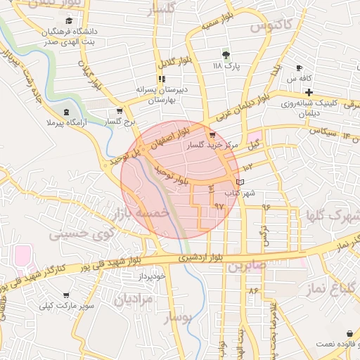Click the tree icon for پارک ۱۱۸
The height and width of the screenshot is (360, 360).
point(226,55)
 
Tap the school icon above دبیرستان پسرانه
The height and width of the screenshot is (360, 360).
point(162,79)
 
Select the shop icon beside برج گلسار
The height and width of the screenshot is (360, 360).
point(120,110)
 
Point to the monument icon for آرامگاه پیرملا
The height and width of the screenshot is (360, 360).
point(66,112)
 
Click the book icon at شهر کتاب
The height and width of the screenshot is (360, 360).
point(240,183)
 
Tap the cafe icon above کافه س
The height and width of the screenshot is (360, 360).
point(299,67)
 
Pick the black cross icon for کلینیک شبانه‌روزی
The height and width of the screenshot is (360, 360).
point(309,92)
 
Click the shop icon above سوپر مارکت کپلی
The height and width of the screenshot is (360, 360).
point(66,295)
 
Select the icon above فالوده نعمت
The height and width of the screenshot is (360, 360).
point(349,333)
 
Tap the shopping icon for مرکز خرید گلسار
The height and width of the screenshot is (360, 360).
point(212,134)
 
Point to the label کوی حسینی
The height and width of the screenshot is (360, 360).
point(79,231)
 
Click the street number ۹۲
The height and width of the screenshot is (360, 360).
point(218,206)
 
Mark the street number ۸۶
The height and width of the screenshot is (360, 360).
point(253,290)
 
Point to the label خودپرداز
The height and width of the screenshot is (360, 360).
point(150,277)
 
